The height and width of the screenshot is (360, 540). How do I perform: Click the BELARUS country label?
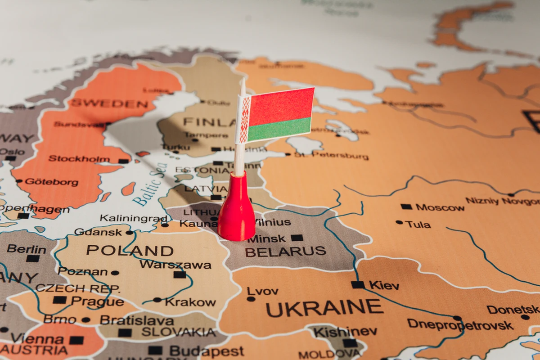pos(285,251)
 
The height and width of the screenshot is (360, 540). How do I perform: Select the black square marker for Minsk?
pos(297,238)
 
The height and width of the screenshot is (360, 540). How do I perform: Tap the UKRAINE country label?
pos(324,308)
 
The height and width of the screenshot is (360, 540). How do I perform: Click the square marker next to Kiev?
pos(358,284)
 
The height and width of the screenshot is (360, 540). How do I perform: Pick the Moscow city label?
pos(440,207)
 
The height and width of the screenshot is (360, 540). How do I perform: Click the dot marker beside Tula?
pos(399,222)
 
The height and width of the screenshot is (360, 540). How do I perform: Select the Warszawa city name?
pos(175,265)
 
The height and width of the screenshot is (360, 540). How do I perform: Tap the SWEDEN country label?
pos(109,103)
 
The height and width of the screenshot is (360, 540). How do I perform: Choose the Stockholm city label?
pos(79,159)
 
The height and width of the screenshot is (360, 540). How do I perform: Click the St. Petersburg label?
pos(331,156)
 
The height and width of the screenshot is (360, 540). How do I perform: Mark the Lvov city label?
pos(263,291)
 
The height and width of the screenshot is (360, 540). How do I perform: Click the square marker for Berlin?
pos(32,258)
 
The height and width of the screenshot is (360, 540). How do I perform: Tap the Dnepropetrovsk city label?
pos(460,324)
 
